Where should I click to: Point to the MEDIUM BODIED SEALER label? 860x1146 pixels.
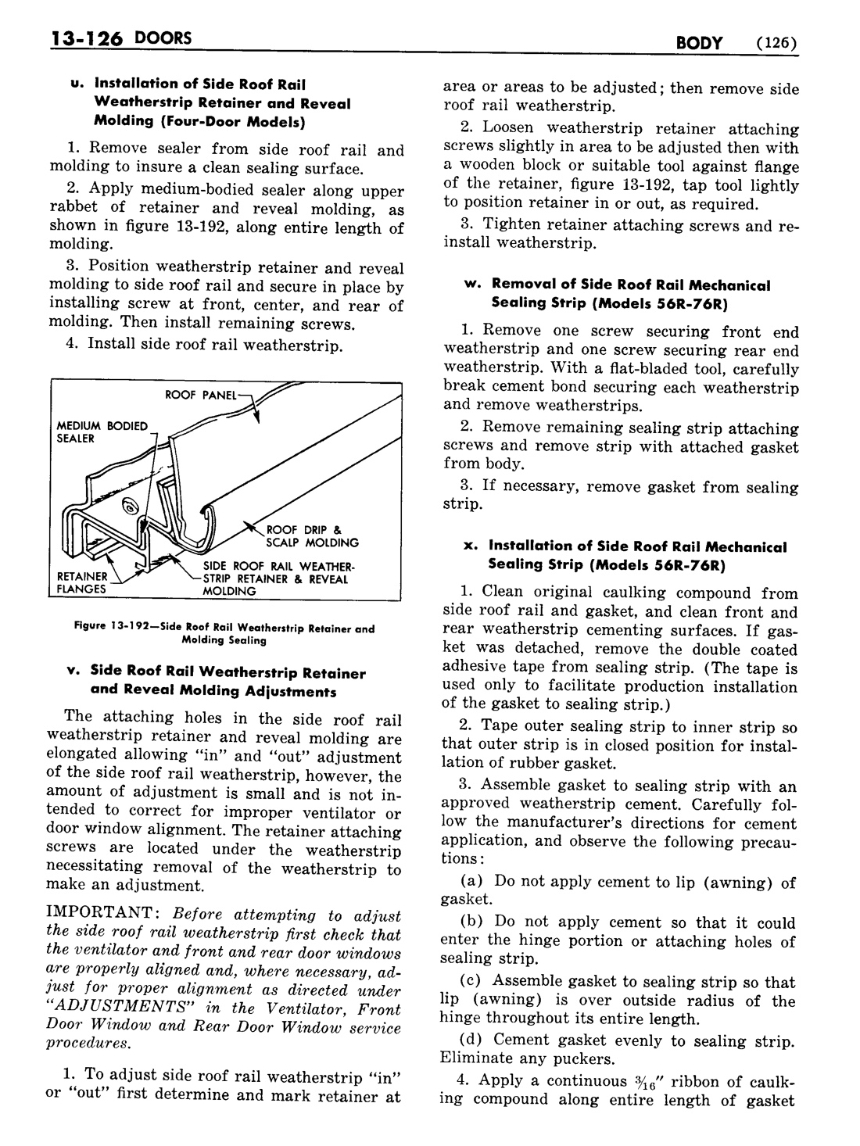[102, 432]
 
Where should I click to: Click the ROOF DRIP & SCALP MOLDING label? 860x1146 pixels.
[312, 536]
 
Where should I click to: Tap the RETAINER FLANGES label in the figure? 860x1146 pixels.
[81, 583]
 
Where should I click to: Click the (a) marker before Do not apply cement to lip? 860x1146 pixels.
[473, 882]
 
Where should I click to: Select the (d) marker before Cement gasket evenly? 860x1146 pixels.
[473, 1040]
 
